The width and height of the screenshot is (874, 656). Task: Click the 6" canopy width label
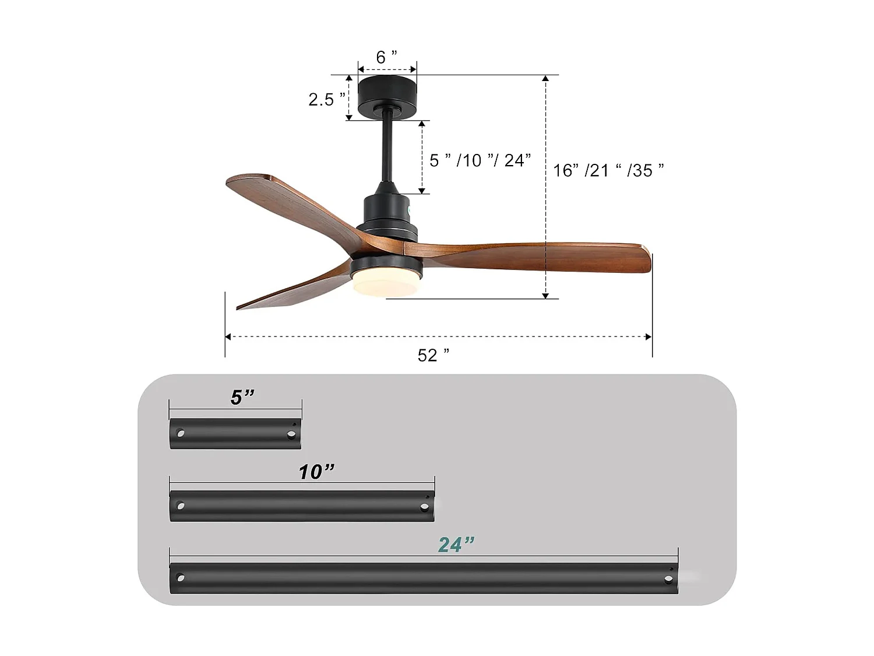(386, 57)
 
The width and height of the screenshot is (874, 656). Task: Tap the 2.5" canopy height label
(326, 100)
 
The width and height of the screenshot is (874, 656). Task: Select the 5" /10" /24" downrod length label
(480, 160)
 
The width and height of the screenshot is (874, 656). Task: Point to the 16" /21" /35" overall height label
(608, 170)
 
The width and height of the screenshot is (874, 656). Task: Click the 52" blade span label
(434, 355)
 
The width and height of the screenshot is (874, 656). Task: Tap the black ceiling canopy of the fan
(387, 93)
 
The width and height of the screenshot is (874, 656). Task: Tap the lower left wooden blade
(291, 292)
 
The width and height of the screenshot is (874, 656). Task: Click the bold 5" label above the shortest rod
(242, 397)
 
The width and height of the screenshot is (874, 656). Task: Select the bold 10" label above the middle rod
(316, 472)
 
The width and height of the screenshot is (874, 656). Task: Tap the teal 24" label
(456, 545)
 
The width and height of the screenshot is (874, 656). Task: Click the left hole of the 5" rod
(181, 434)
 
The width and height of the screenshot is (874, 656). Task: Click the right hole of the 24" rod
(667, 580)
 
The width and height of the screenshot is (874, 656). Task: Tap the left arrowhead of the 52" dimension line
(228, 336)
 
